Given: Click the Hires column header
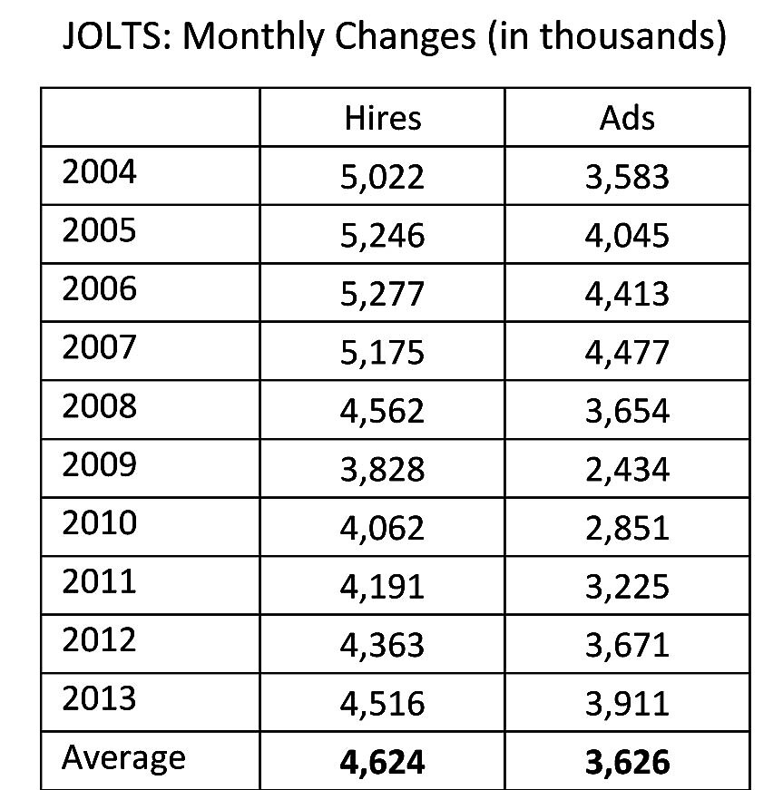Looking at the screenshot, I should click(x=383, y=118).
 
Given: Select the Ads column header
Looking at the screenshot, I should click(x=627, y=118).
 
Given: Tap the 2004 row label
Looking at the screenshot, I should click(x=99, y=172).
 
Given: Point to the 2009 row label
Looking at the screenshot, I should click(x=99, y=465).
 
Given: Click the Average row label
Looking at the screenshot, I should click(x=123, y=758).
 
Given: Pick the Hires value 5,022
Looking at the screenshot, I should click(x=383, y=176).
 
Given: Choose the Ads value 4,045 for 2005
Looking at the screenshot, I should click(x=627, y=235).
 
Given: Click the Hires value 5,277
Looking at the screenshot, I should click(x=383, y=294).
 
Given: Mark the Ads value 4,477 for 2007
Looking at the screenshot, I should click(x=627, y=352).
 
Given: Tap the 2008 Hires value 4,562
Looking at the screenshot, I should click(x=383, y=411).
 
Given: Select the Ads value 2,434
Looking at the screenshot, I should click(x=627, y=469).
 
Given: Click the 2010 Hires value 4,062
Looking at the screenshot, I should click(x=383, y=528).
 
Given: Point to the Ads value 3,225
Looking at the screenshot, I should click(x=627, y=586).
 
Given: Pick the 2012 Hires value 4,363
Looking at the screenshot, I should click(x=383, y=645).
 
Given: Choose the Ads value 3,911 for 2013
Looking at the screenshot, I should click(x=627, y=703).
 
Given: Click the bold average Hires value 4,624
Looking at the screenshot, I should click(x=383, y=762).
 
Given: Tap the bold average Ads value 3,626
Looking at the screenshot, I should click(x=627, y=762).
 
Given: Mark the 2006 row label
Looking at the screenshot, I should click(x=99, y=289).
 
